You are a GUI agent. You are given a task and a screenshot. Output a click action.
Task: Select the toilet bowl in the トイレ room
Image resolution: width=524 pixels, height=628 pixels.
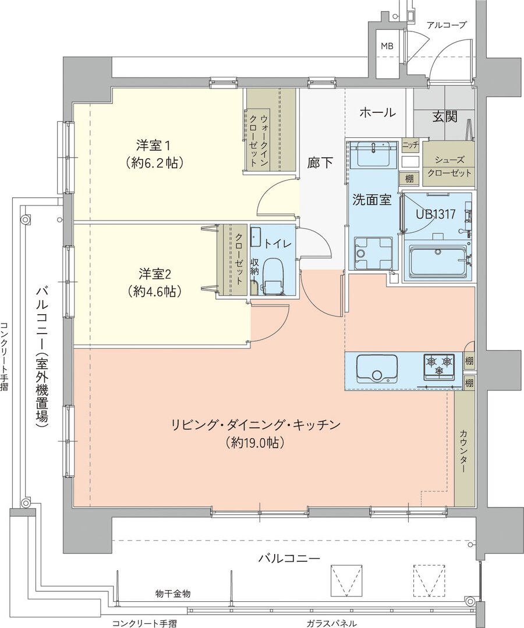tap(272, 273)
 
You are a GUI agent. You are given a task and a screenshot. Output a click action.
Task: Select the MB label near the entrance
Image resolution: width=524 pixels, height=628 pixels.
tap(387, 46)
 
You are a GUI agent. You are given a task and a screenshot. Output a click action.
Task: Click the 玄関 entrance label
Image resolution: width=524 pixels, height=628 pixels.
tap(444, 116)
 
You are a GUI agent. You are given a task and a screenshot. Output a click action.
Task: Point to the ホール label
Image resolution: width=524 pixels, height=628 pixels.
tap(377, 113)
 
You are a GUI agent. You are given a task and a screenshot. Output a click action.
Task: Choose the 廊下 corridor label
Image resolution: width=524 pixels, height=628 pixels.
tap(320, 163)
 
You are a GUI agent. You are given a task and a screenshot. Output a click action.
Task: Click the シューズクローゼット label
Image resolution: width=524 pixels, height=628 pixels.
tap(448, 168)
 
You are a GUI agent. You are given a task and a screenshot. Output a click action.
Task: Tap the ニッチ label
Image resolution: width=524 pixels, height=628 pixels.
tap(410, 144)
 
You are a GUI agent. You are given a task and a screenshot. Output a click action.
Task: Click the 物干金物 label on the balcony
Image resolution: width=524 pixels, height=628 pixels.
tap(173, 594)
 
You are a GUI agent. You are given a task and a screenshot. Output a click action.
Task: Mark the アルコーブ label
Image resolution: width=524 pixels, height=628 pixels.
tap(447, 25)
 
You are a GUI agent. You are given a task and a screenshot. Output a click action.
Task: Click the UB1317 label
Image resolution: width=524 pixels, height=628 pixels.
tap(435, 214)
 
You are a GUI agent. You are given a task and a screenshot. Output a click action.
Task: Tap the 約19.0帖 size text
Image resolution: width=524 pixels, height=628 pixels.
tap(255, 442)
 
